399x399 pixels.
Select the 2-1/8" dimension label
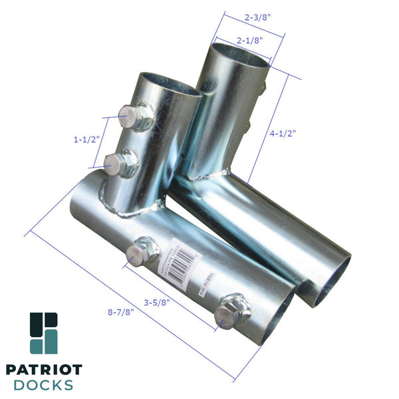click(249, 40)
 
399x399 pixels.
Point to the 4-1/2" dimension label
click(284, 133)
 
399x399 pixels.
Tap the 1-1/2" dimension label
click(86, 140)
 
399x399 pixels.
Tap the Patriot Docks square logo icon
click(44, 333)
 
